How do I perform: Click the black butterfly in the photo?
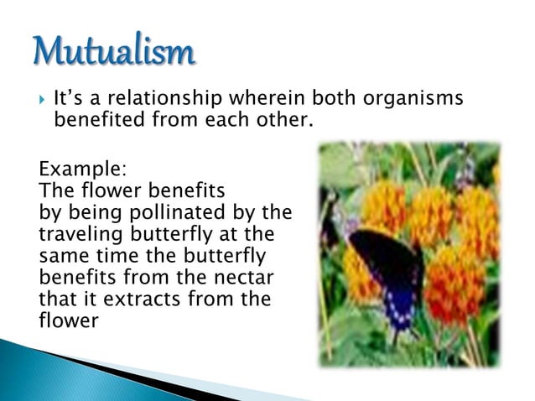pos(386,268)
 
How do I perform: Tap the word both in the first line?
pos(337,100)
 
